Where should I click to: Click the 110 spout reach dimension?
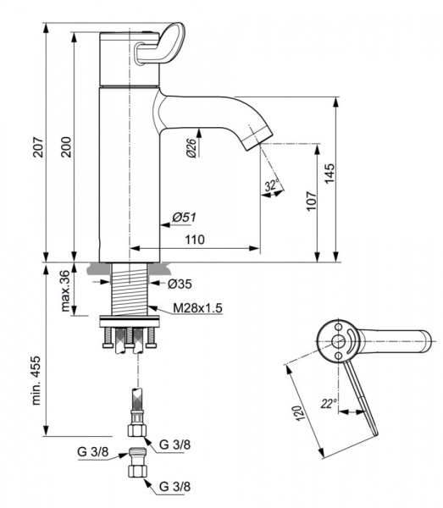pyautogui.click(x=195, y=240)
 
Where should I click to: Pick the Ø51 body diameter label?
pyautogui.click(x=185, y=218)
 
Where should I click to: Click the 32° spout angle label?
pyautogui.click(x=272, y=184)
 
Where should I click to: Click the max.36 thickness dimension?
pyautogui.click(x=65, y=290)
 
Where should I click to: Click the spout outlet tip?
pyautogui.click(x=253, y=136)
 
